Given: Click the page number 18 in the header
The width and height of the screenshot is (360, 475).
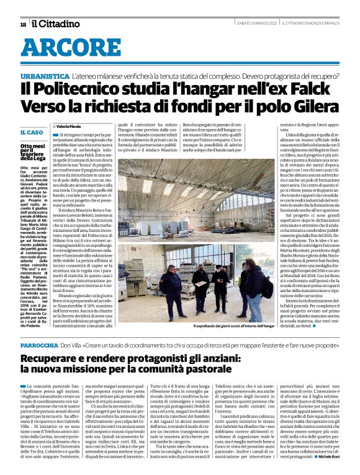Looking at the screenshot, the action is coord(23,24).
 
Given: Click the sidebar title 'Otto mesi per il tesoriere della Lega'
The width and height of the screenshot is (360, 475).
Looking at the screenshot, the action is coord(33,153).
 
